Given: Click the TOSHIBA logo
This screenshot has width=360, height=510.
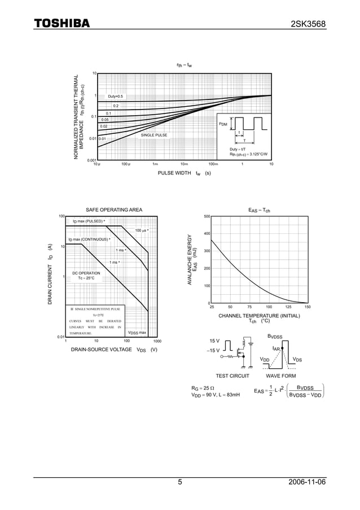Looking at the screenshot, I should tap(62, 24).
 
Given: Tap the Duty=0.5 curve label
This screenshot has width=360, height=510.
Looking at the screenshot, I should tap(115, 97).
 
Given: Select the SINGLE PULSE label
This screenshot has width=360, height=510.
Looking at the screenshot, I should tap(154, 136).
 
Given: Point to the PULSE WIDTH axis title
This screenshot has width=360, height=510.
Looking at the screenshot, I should tap(185, 173).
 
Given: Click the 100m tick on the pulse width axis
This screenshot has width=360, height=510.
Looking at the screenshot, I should tap(213, 164).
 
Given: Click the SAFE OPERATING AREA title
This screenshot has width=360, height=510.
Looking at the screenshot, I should tap(110, 210).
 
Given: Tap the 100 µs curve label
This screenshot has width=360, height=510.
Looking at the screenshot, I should tap(142, 230).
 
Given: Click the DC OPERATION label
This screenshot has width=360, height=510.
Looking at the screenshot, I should tap(86, 276).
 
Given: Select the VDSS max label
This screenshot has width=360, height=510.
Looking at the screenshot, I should tap(137, 333).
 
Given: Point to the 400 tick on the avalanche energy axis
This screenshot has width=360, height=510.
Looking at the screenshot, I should tap(207, 233).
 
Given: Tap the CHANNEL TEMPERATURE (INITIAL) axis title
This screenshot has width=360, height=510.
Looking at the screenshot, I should tap(259, 316).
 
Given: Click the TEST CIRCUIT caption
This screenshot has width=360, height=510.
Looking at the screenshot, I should tap(232, 376).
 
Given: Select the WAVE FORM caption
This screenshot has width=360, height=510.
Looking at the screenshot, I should tap(280, 376).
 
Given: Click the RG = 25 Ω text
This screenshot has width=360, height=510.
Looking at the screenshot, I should tap(203, 388).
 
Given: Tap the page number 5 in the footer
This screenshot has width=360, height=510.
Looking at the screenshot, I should tap(180, 482).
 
